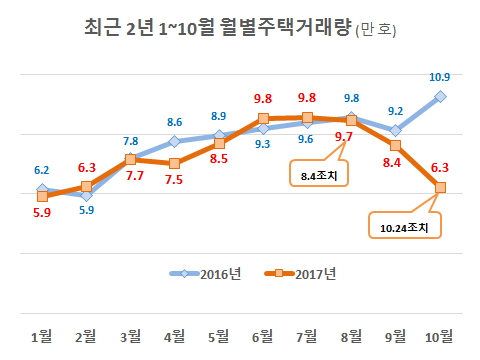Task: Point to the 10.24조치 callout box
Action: pyautogui.click(x=404, y=227)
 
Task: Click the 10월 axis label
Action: pyautogui.click(x=438, y=334)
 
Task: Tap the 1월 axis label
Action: pyautogui.click(x=42, y=334)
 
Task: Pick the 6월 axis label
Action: pyautogui.click(x=262, y=334)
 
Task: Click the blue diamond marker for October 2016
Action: pyautogui.click(x=439, y=96)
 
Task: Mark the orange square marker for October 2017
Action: pyautogui.click(x=439, y=187)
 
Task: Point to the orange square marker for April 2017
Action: pyautogui.click(x=174, y=163)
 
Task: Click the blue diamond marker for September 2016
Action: pyautogui.click(x=395, y=130)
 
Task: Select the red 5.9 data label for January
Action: pyautogui.click(x=41, y=213)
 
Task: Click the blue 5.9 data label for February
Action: pyautogui.click(x=87, y=209)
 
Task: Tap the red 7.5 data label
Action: pyautogui.click(x=174, y=180)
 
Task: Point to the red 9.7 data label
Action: pyautogui.click(x=344, y=137)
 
